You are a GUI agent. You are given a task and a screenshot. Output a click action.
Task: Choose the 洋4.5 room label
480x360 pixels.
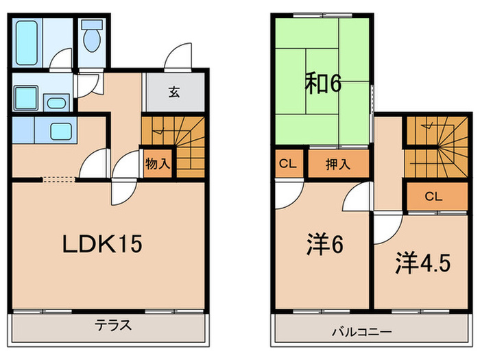[422, 263]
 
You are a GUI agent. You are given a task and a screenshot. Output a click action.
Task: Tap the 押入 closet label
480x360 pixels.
[337, 165]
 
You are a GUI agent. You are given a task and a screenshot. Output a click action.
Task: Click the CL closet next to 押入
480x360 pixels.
[288, 165]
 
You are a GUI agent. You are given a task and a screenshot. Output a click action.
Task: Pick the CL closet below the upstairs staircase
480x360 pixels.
[433, 196]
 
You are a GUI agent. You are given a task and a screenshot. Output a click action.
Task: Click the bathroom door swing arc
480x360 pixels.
[62, 60]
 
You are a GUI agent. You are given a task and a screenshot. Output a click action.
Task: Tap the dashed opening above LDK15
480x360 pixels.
[59, 180]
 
